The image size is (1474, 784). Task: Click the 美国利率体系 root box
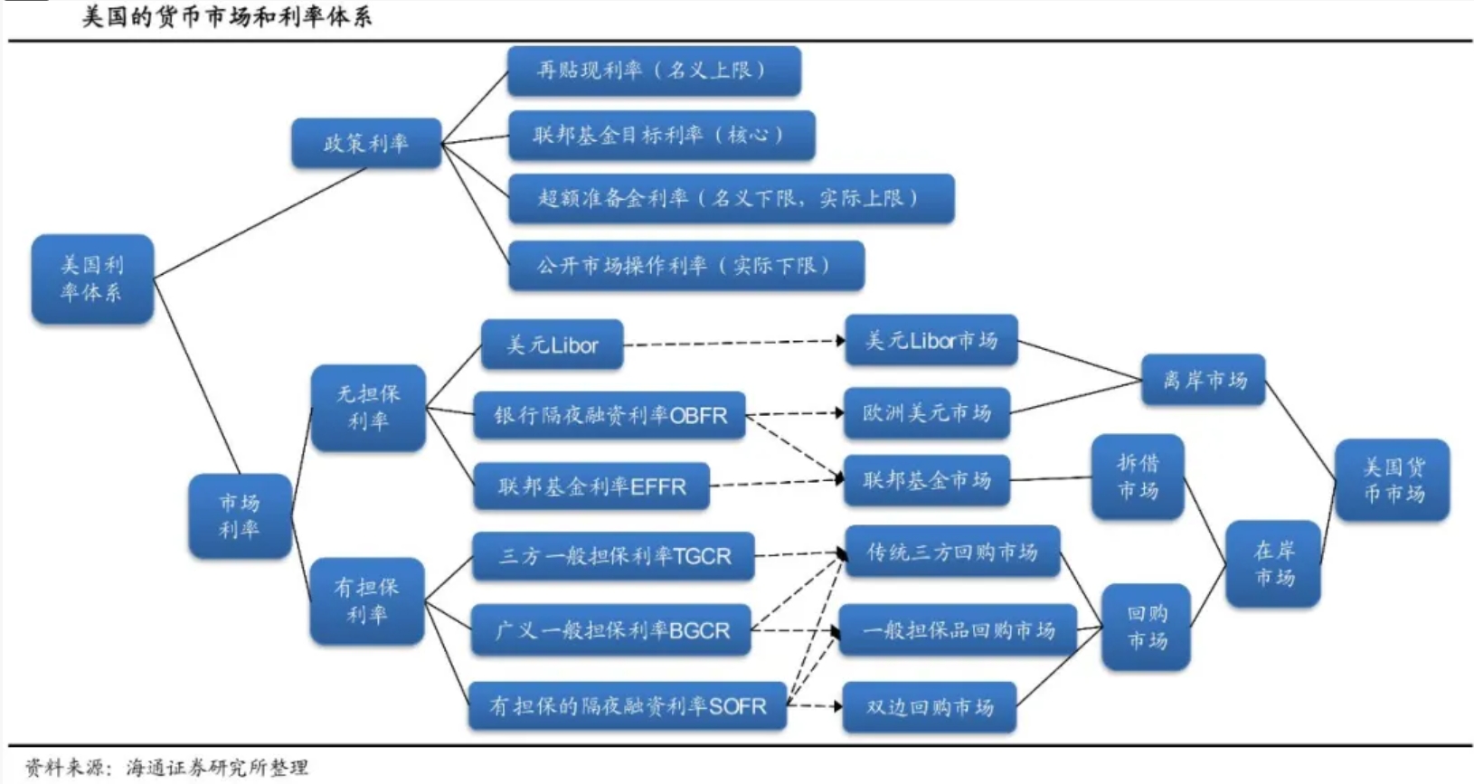click(92, 279)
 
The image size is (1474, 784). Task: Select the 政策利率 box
click(366, 143)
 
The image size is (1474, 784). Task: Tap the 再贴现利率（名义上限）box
click(653, 71)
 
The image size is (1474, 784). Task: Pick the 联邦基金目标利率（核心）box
click(660, 135)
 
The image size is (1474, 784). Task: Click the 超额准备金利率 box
click(731, 198)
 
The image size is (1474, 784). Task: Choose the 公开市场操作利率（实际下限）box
click(685, 265)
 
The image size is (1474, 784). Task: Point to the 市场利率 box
click(240, 515)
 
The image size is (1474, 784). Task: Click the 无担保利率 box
click(368, 407)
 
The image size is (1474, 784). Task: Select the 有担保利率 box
click(366, 600)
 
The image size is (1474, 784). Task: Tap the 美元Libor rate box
click(552, 345)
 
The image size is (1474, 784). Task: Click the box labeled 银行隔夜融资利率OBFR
click(609, 415)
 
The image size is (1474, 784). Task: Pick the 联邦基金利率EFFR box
click(591, 486)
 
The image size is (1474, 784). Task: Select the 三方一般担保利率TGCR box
click(613, 555)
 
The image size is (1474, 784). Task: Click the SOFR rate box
click(627, 705)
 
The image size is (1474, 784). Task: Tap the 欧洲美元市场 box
click(927, 413)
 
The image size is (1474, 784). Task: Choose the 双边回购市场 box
click(929, 706)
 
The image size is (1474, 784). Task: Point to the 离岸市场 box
click(1203, 380)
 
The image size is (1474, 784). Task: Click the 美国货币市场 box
click(1392, 479)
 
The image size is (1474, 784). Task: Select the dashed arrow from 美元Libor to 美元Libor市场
click(732, 343)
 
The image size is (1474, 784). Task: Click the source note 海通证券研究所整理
click(217, 768)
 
